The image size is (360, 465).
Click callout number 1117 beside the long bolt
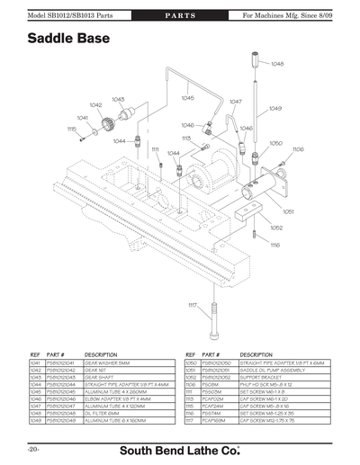[x=192, y=306]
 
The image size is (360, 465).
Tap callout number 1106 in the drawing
[x=298, y=149]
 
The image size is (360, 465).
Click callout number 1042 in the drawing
[x=98, y=105]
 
